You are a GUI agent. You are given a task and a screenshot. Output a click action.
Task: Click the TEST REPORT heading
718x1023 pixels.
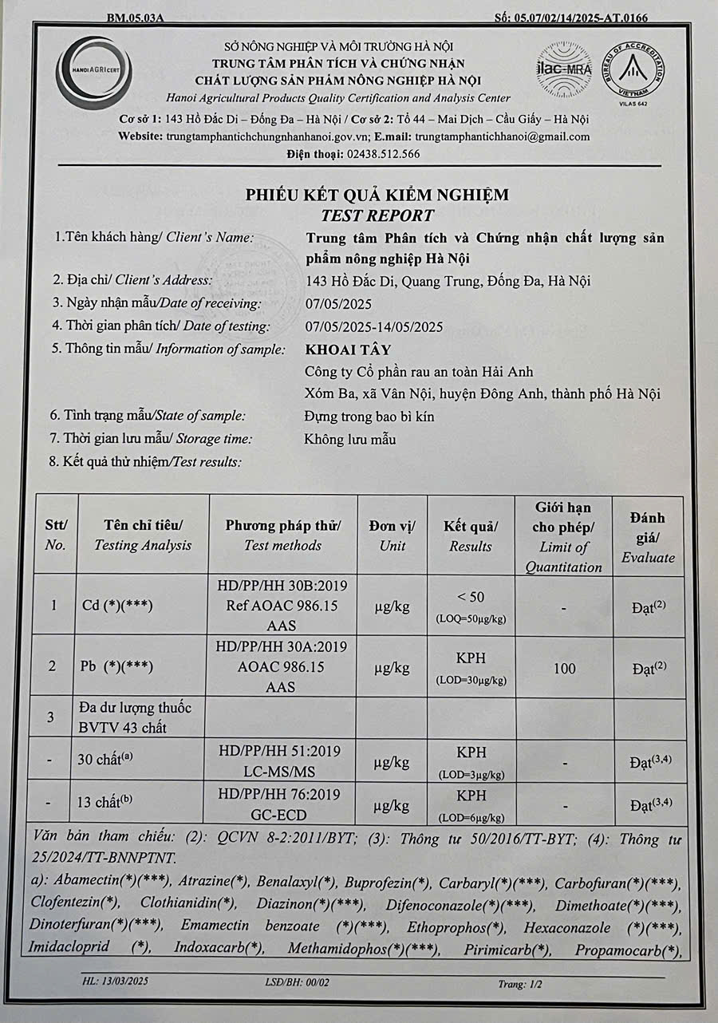(x=377, y=215)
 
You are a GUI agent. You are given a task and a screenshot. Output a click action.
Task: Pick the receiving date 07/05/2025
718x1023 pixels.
(x=339, y=303)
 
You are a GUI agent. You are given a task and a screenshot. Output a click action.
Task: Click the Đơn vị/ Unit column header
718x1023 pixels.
(x=393, y=535)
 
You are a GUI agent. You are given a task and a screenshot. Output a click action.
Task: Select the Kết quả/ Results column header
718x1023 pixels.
(x=471, y=535)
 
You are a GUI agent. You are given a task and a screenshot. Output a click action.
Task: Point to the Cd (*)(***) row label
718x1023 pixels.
(x=117, y=606)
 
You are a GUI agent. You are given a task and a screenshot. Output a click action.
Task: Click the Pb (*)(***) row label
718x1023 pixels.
(x=117, y=666)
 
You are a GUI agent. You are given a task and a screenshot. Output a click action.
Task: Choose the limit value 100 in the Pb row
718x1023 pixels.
(x=564, y=668)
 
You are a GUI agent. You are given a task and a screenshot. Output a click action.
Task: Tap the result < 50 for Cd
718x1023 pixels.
(x=471, y=597)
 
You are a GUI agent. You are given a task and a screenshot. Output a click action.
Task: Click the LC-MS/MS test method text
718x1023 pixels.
(x=283, y=771)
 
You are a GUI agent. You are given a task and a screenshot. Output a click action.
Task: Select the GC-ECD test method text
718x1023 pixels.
(x=283, y=815)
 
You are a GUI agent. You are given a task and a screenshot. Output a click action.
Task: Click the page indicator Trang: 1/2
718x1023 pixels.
(x=520, y=985)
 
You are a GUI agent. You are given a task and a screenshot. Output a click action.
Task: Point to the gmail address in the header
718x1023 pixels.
(x=502, y=136)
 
